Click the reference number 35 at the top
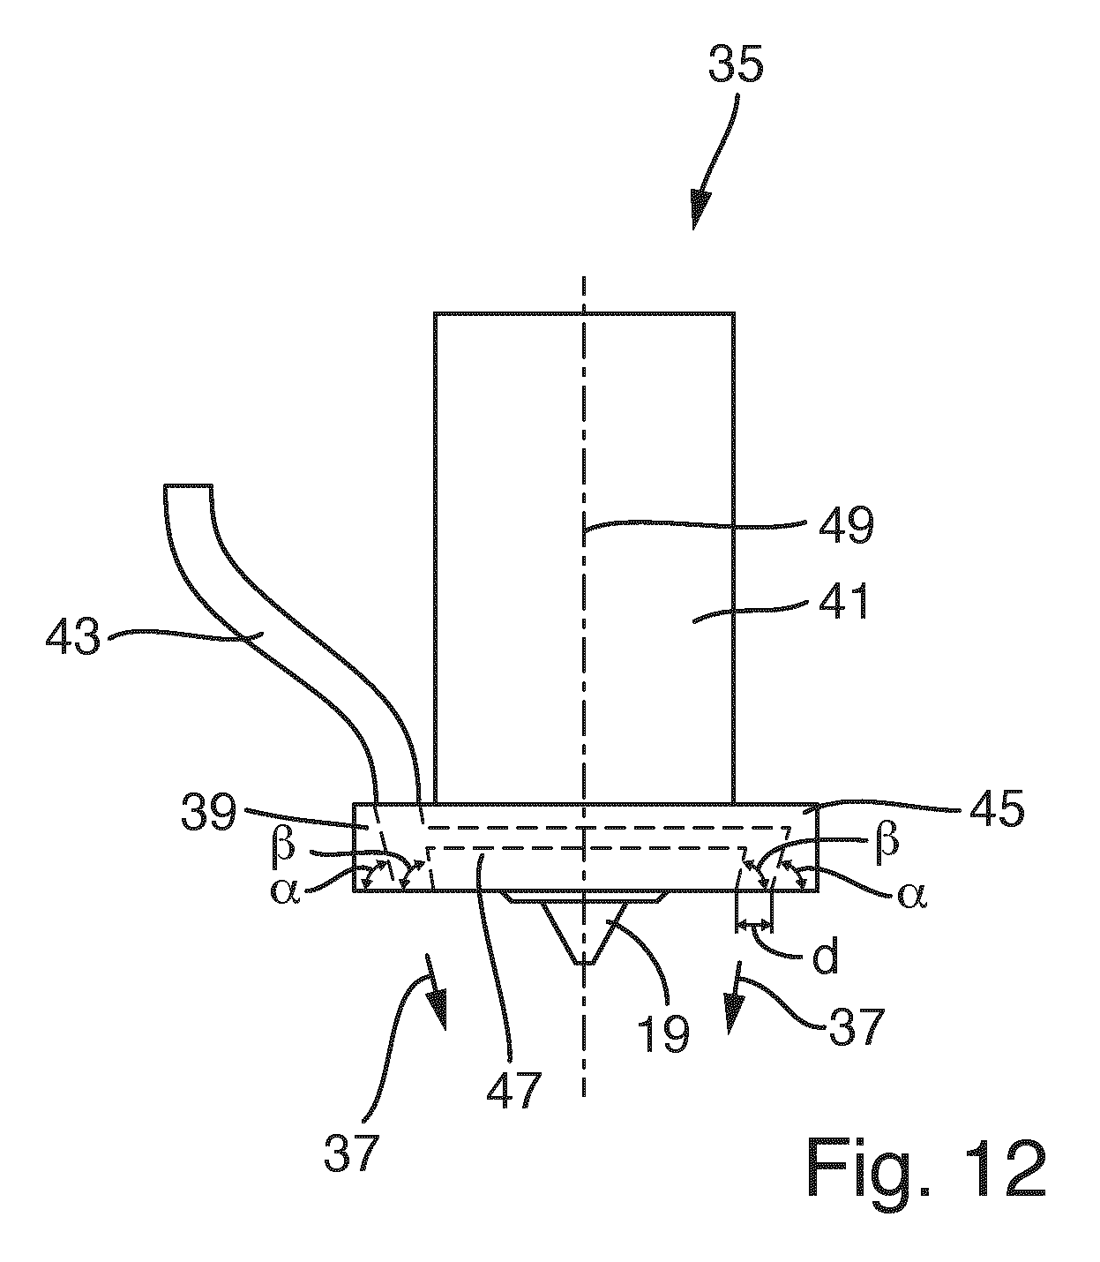[736, 64]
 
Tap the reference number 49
[845, 525]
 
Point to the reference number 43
[72, 637]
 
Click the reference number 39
[208, 812]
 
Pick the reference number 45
[997, 808]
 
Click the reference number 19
[662, 1033]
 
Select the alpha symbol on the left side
[285, 892]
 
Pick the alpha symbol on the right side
[913, 896]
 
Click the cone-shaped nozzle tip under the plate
[584, 931]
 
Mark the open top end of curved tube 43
[188, 485]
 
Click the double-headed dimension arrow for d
[753, 923]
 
